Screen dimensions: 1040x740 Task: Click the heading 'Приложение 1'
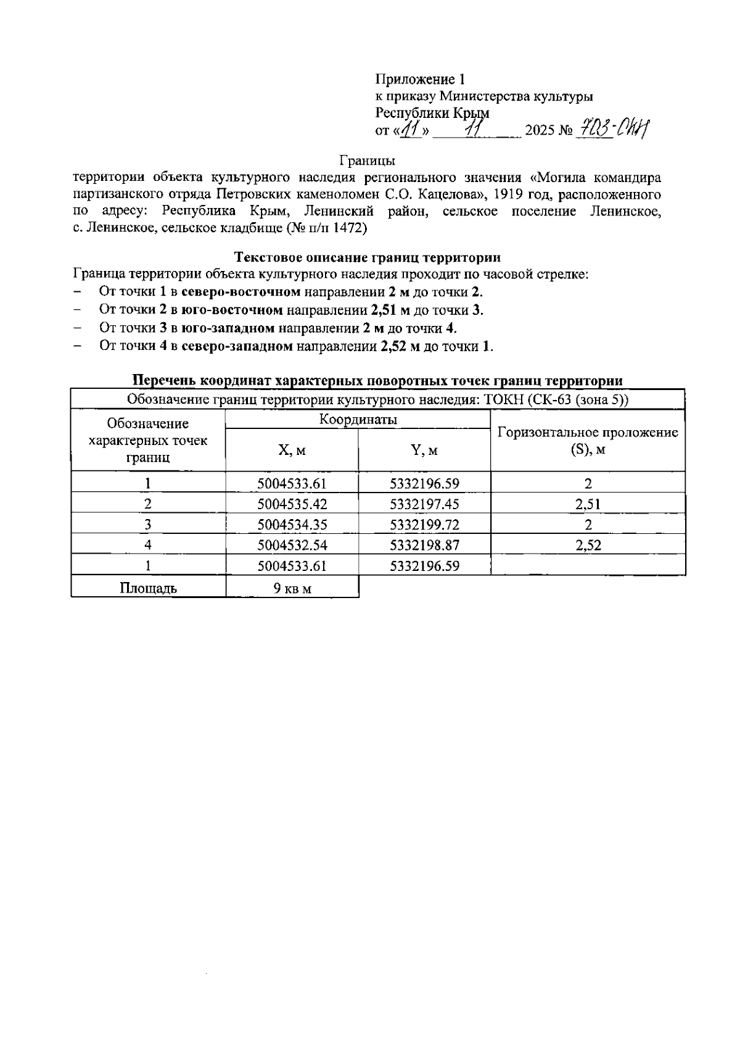click(420, 80)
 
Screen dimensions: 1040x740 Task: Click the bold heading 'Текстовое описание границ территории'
click(368, 257)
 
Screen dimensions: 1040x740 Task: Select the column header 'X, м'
click(292, 451)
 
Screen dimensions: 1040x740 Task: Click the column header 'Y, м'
click(424, 451)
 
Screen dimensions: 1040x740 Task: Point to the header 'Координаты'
click(358, 420)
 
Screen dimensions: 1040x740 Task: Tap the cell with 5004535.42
click(292, 504)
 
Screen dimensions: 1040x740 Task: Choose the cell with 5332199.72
click(424, 525)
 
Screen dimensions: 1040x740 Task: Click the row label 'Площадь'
click(148, 588)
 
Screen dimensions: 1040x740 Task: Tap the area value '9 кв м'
click(292, 588)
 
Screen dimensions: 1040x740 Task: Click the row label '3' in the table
click(148, 525)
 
